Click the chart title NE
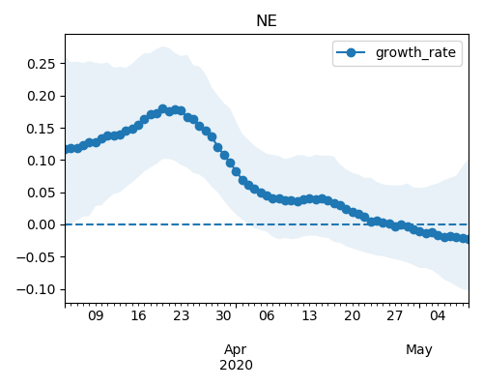(267, 21)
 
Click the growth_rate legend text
(415, 52)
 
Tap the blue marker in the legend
(351, 52)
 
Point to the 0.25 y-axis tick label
(42, 64)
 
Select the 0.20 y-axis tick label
(42, 96)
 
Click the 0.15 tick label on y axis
(42, 129)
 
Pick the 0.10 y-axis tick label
(42, 161)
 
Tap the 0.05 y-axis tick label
(42, 193)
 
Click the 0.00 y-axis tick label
(42, 224)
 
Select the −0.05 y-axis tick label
(36, 257)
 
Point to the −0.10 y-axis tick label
(36, 289)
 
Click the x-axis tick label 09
(96, 315)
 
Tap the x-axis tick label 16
(138, 315)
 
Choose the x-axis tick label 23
(181, 315)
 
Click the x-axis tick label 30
(223, 315)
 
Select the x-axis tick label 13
(309, 315)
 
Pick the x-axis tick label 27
(394, 315)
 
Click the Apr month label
(236, 350)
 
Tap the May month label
(419, 350)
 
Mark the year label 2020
(236, 366)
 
